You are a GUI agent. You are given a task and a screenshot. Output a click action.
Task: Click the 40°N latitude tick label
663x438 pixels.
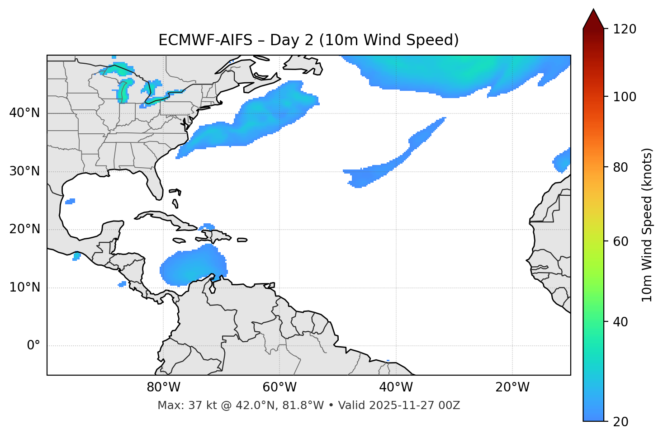pos(24,113)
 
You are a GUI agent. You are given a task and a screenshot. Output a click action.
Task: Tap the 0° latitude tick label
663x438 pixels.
pos(33,346)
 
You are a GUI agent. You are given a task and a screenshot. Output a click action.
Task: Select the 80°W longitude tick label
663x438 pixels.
pos(163,387)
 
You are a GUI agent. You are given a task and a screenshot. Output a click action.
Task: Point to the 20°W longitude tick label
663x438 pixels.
pos(512,387)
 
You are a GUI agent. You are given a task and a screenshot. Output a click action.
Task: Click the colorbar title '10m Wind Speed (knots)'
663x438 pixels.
pos(647,225)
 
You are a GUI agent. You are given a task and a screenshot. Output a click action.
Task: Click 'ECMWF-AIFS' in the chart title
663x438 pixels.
pos(205,40)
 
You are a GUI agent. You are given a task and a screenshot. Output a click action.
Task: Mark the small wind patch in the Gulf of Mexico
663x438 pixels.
pos(70,201)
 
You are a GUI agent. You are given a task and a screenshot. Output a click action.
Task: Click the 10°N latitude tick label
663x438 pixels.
pos(24,287)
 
